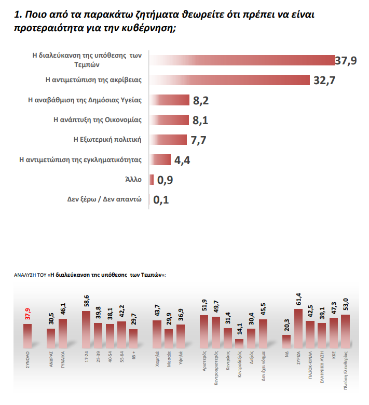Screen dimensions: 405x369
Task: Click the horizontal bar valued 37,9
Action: coord(241,60)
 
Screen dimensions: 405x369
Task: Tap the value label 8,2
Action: coord(200,100)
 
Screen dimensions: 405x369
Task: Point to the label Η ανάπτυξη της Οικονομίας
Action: coord(98,119)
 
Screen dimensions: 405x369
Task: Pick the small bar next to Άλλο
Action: coord(152,180)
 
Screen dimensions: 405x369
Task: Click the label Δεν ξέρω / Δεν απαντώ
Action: coord(104,199)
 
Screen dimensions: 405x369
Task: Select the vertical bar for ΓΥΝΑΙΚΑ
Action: coord(63,333)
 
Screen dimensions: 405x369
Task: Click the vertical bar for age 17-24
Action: coord(86,330)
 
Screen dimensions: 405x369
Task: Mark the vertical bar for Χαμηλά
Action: coord(157,334)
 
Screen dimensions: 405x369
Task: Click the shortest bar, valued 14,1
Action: coord(239,343)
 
